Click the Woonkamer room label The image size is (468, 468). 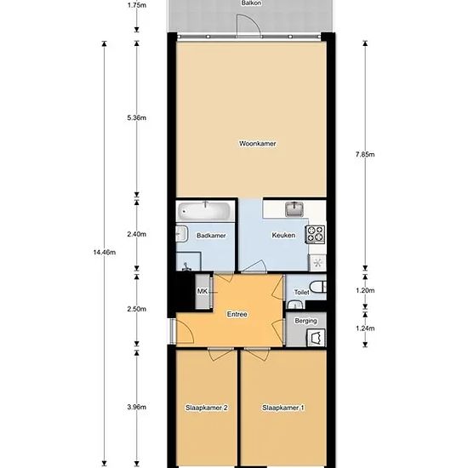click(257, 144)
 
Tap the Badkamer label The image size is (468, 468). click(211, 236)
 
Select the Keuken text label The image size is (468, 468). click(283, 235)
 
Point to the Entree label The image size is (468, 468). click(237, 314)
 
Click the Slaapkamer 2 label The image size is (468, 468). click(207, 408)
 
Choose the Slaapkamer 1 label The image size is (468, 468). click(283, 408)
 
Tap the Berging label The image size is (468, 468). click(305, 321)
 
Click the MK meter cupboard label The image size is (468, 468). click(203, 291)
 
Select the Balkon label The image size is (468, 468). click(251, 3)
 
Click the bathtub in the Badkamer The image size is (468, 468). click(204, 211)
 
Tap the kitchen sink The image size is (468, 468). click(294, 209)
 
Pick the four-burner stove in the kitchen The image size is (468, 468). click(315, 234)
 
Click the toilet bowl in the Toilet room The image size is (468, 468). click(318, 287)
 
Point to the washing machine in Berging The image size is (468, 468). click(316, 338)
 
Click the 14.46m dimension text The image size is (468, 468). click(104, 253)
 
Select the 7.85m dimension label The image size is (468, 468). click(365, 155)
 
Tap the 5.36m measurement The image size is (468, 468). click(137, 118)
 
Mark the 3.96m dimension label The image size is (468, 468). click(137, 407)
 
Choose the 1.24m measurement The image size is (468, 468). click(365, 328)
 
